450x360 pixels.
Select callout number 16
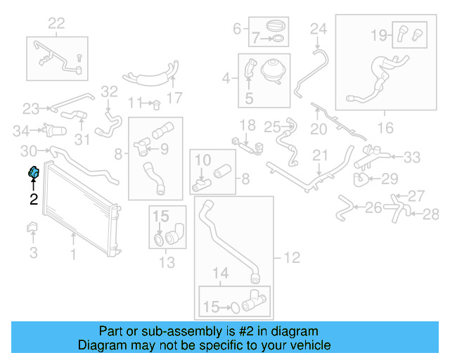[386, 127]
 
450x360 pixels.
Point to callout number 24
[319, 29]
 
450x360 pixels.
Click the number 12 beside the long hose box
[292, 258]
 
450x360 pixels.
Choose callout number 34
[22, 130]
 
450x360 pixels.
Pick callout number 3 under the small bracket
[33, 252]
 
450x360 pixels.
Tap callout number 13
[167, 264]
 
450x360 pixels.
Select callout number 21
[321, 155]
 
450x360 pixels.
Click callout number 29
[390, 178]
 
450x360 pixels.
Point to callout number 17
[175, 97]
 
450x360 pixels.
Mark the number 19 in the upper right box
[379, 33]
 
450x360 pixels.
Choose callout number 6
[237, 29]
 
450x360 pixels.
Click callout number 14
[221, 273]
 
